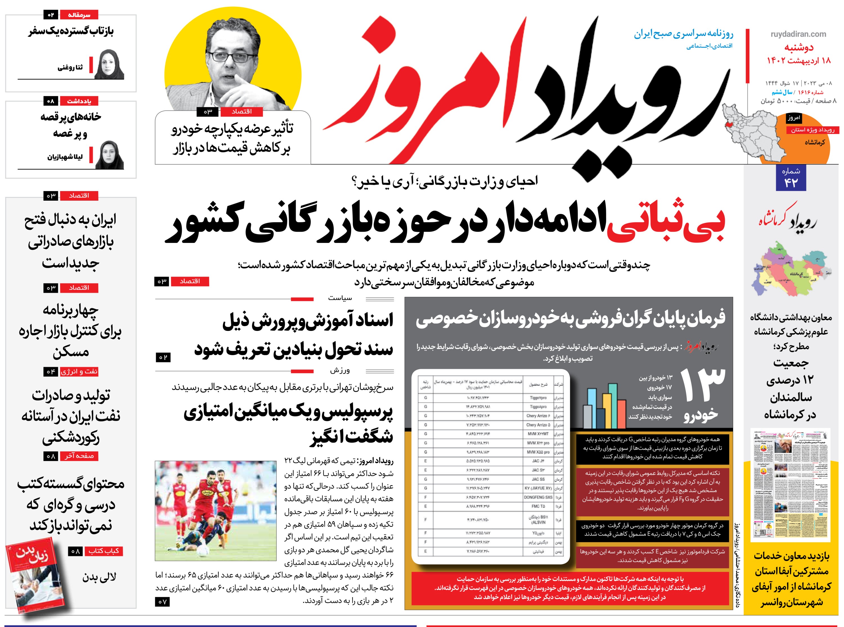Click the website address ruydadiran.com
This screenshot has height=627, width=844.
pyautogui.click(x=798, y=34)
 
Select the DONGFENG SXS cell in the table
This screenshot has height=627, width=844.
pyautogui.click(x=538, y=497)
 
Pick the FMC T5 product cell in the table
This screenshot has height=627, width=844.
pyautogui.click(x=538, y=506)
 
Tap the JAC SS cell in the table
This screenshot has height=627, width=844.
pyautogui.click(x=538, y=479)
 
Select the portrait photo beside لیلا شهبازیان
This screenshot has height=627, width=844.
pyautogui.click(x=110, y=155)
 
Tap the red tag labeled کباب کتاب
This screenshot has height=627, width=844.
pyautogui.click(x=104, y=551)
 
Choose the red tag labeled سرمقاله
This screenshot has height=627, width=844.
pyautogui.click(x=79, y=15)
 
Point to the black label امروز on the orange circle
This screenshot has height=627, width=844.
pyautogui.click(x=794, y=118)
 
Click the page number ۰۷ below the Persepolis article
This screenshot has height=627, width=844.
pyautogui.click(x=162, y=602)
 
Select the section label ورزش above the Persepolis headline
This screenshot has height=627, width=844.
pyautogui.click(x=340, y=370)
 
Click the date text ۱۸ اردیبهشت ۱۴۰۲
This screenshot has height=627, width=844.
pyautogui.click(x=798, y=60)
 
